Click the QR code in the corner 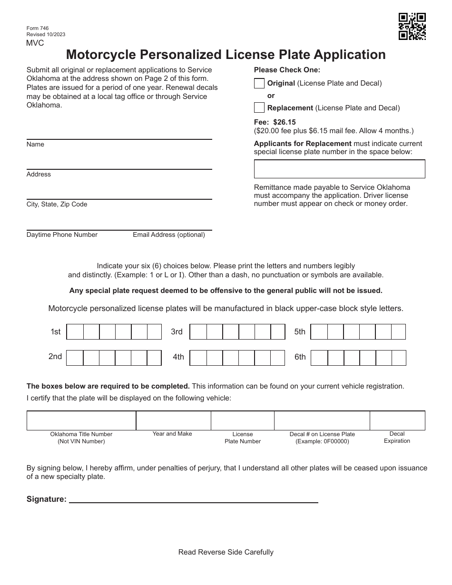coord(412,27)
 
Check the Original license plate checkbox coord(259,83)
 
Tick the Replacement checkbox coord(259,107)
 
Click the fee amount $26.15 coord(285,122)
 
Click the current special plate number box coord(339,169)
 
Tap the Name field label coord(35,145)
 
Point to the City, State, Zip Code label coord(57,205)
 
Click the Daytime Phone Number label coord(62,235)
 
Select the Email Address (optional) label coord(169,235)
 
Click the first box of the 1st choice coord(75,331)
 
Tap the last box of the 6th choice coord(398,358)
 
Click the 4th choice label coord(178,357)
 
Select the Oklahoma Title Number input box coord(81,420)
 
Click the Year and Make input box coord(173,420)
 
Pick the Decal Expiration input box coord(397,420)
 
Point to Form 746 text coord(38,29)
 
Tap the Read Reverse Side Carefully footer coord(226,552)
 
